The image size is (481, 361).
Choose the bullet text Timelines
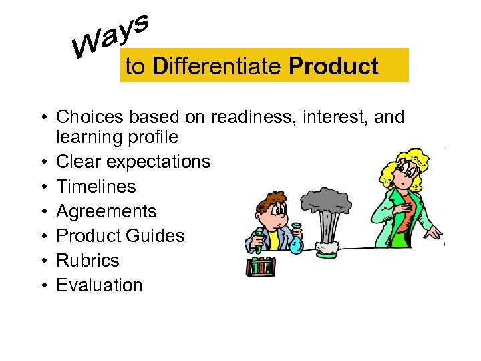96,187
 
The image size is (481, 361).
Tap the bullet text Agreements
106,211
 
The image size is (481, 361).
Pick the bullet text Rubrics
88,261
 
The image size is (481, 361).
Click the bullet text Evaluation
100,285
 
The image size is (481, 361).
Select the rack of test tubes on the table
261,266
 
